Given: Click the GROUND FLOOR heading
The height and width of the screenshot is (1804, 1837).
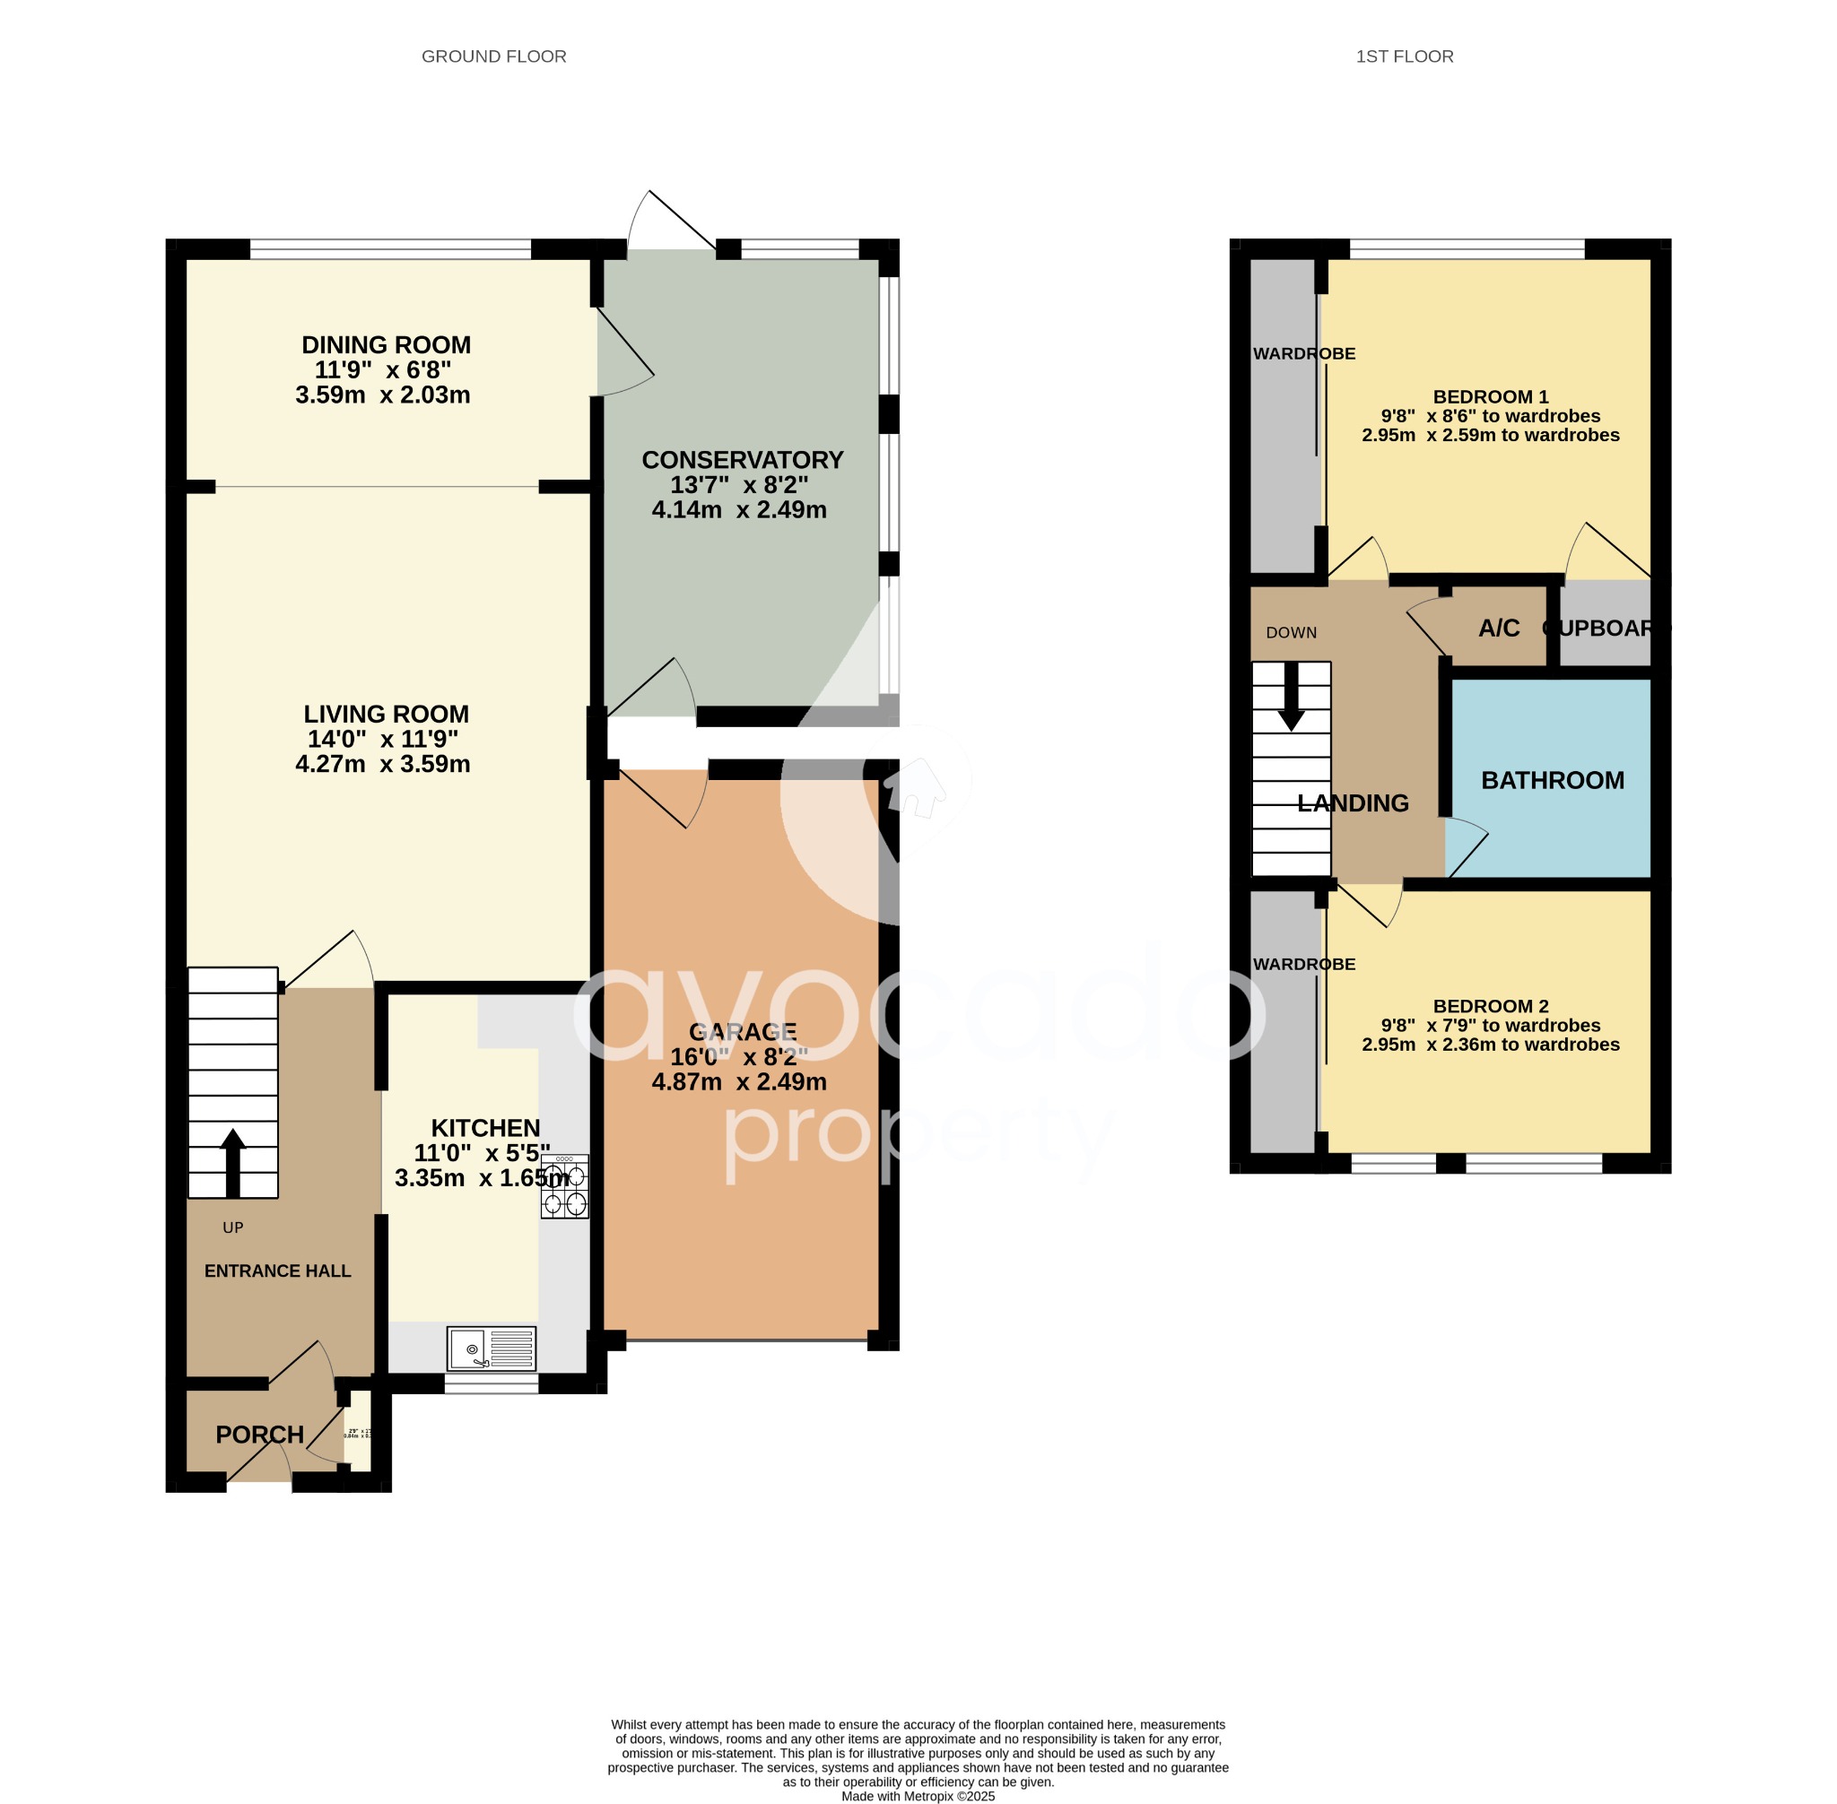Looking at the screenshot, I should [x=493, y=56].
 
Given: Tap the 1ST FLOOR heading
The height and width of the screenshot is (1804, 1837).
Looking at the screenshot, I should [x=1404, y=56].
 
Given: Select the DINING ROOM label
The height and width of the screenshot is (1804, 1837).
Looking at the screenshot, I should [x=386, y=345].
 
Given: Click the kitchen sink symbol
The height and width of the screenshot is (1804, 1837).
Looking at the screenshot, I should [x=491, y=1349].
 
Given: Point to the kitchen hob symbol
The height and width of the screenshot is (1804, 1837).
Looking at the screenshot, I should [x=564, y=1186].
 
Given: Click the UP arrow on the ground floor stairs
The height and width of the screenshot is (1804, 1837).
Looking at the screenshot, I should [x=232, y=1163].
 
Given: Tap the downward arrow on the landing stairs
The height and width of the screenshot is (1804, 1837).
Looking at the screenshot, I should [x=1290, y=697].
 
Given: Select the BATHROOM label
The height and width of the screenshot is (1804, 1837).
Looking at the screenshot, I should [x=1552, y=781].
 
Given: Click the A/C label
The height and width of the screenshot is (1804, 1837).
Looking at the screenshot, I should [x=1499, y=629].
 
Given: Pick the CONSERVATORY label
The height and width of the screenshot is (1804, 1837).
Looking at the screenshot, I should [x=742, y=461].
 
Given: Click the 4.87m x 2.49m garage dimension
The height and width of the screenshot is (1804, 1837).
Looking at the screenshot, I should [x=738, y=1082].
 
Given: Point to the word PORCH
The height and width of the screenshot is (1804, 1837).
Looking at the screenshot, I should [x=260, y=1435].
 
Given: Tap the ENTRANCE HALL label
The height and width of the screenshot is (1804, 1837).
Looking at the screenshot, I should [x=278, y=1271].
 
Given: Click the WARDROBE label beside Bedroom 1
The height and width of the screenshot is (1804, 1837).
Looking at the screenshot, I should [x=1303, y=354].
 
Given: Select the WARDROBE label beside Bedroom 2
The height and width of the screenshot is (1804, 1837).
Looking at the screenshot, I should [x=1303, y=965].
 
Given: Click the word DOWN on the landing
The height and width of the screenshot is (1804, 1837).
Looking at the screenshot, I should [x=1291, y=633].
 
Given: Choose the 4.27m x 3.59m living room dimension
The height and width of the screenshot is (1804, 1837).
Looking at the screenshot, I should [x=382, y=765].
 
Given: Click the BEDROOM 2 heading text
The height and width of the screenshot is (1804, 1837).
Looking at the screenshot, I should [x=1490, y=1006].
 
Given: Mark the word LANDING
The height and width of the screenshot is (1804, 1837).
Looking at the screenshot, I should [x=1353, y=803].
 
